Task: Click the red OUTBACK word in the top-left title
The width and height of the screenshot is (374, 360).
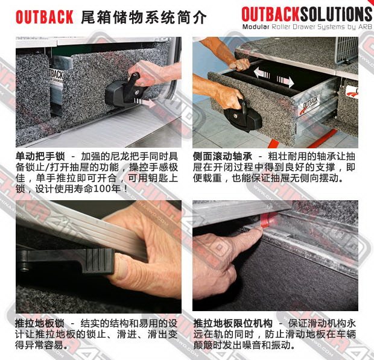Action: (45, 17)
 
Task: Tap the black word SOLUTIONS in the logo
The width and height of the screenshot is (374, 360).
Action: (336, 14)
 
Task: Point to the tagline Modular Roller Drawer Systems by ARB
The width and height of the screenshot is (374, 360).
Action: (306, 27)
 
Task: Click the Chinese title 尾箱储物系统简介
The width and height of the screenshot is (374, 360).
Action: (144, 17)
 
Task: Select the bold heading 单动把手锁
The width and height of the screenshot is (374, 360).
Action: (40, 157)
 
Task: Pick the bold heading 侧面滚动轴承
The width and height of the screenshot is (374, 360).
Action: (223, 157)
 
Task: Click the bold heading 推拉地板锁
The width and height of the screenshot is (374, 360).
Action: (40, 324)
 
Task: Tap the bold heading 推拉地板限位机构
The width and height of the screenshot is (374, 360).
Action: (233, 324)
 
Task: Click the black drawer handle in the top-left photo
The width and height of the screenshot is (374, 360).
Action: (125, 90)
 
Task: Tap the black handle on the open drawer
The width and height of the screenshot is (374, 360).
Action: (242, 116)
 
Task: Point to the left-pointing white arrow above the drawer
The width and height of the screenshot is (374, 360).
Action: (261, 74)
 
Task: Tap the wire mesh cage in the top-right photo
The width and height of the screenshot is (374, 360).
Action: (347, 50)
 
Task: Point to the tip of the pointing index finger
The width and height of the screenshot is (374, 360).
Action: (261, 229)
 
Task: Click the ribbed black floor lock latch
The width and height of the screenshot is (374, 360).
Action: (98, 261)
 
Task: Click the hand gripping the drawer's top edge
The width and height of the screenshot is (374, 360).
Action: (239, 65)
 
